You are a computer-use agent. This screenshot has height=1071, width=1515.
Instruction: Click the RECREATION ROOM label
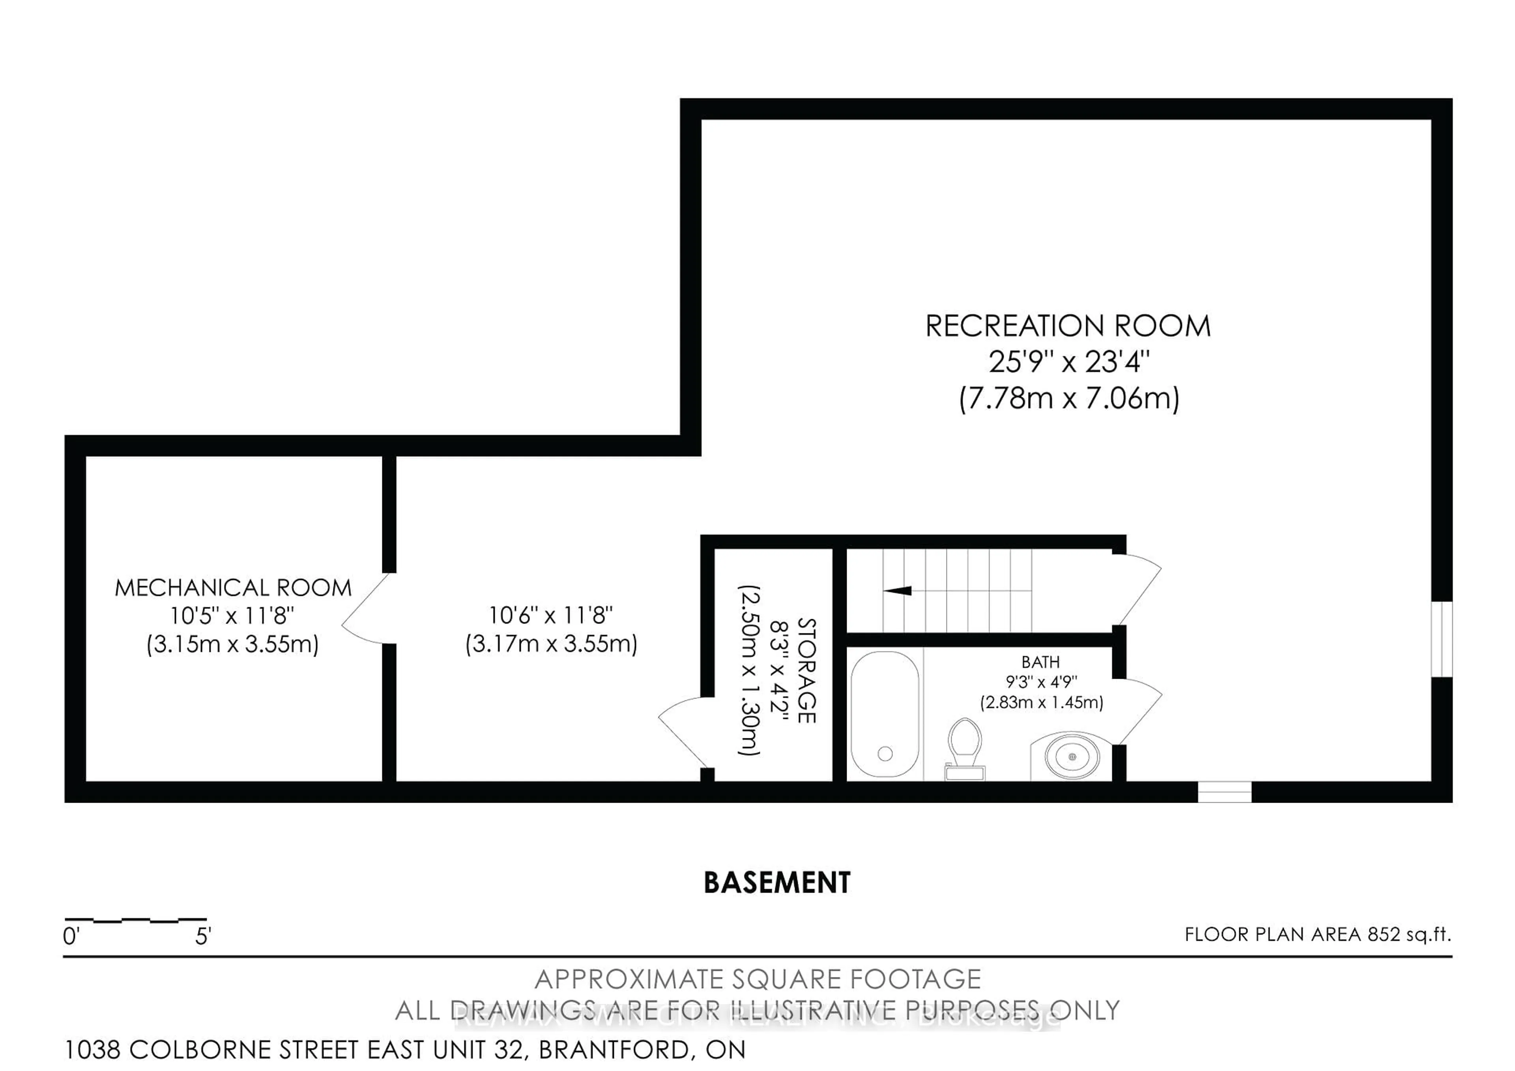point(1068,326)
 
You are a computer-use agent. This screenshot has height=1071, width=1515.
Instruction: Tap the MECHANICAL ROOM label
point(233,587)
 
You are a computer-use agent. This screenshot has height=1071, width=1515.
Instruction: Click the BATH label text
point(1040,662)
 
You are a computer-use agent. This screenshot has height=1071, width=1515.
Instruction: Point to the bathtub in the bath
point(884,715)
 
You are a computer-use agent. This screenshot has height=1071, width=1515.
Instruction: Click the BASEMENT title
point(777,883)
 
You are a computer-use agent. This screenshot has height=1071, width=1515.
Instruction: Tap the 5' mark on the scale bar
point(202,936)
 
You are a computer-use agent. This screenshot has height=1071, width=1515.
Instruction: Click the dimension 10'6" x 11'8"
point(550,615)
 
